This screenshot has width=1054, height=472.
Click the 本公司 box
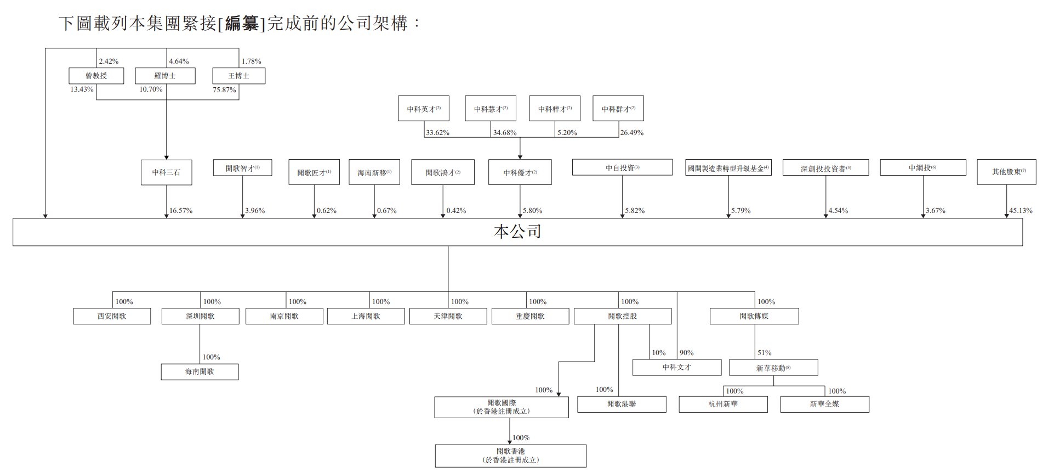point(517,232)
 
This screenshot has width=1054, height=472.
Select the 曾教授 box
point(96,76)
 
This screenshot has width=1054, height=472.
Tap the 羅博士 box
point(165,76)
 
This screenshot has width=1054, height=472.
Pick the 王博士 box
point(238,76)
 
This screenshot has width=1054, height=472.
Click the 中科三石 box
point(166,172)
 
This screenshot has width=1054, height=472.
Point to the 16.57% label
point(181,211)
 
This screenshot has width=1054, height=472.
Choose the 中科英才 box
point(424,109)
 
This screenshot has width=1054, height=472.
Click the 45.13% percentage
point(1021,211)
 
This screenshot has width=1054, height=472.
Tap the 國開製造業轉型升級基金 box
point(728,168)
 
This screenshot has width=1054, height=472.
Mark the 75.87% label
point(224,89)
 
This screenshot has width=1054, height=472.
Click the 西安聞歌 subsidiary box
point(112,316)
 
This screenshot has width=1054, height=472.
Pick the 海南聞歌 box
point(200,372)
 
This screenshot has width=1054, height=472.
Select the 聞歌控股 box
point(622,316)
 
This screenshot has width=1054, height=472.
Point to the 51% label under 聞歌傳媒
point(765,353)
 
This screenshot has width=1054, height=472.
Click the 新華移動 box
point(773,368)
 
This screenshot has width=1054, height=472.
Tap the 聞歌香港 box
point(510,456)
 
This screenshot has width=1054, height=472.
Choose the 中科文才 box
point(677,367)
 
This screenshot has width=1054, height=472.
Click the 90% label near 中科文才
point(686,353)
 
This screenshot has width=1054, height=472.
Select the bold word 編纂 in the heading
point(241,24)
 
